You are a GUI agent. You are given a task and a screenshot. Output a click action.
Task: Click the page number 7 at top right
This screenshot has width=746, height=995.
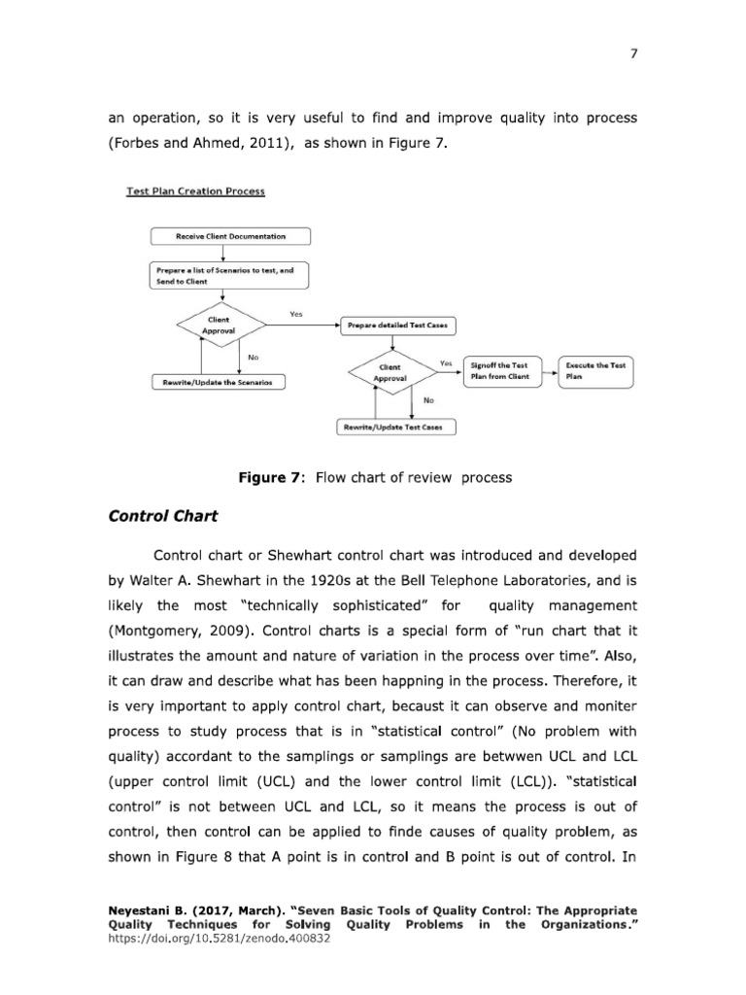pos(633,53)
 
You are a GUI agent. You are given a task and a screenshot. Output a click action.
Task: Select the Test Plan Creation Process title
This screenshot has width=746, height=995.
pos(195,191)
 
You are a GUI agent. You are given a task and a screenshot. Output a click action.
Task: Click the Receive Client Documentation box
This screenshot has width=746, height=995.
pos(230,236)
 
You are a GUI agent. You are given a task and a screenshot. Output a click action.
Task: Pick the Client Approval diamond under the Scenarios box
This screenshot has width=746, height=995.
pos(219,325)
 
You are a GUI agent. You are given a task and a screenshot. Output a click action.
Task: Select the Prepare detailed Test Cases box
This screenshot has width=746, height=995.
pos(396,326)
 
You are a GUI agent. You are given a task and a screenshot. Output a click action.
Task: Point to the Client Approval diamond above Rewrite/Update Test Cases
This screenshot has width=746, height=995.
pos(390,371)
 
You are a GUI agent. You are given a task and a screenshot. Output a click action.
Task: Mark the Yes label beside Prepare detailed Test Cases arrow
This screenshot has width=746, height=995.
pos(296,314)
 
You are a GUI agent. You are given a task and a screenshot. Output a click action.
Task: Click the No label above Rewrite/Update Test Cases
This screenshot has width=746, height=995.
pos(428,399)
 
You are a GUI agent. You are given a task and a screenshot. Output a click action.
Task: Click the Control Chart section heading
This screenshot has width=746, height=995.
pos(162,516)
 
